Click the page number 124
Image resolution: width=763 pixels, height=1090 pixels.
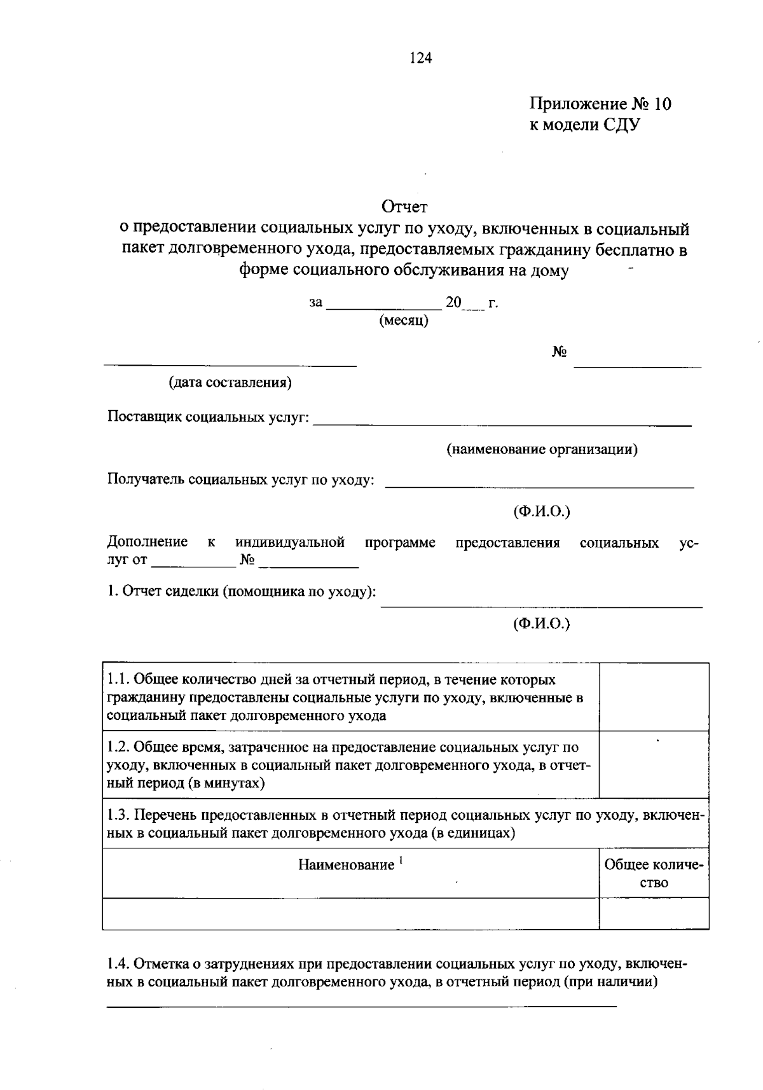[x=420, y=59]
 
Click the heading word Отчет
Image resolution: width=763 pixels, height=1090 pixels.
[x=404, y=207]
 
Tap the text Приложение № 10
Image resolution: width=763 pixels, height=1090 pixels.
[x=600, y=104]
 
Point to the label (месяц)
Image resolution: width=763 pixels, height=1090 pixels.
[x=404, y=321]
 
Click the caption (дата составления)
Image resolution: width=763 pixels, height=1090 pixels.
[x=230, y=383]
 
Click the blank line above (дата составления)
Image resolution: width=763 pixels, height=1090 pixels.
[x=230, y=364]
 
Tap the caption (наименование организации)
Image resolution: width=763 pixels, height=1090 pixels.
[x=542, y=450]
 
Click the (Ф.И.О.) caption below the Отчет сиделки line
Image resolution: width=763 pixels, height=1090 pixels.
[x=542, y=624]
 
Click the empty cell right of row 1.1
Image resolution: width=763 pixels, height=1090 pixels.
[x=654, y=696]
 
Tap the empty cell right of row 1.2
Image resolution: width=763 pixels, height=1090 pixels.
[x=654, y=764]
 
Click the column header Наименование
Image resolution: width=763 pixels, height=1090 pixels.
[x=347, y=865]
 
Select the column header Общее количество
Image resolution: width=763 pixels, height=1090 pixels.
[x=654, y=874]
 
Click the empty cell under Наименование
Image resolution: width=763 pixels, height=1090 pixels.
[x=350, y=914]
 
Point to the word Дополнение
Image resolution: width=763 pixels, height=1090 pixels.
[x=148, y=542]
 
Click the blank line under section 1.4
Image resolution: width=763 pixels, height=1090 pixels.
[x=361, y=1006]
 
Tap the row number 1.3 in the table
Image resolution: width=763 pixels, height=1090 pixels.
[x=118, y=815]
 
